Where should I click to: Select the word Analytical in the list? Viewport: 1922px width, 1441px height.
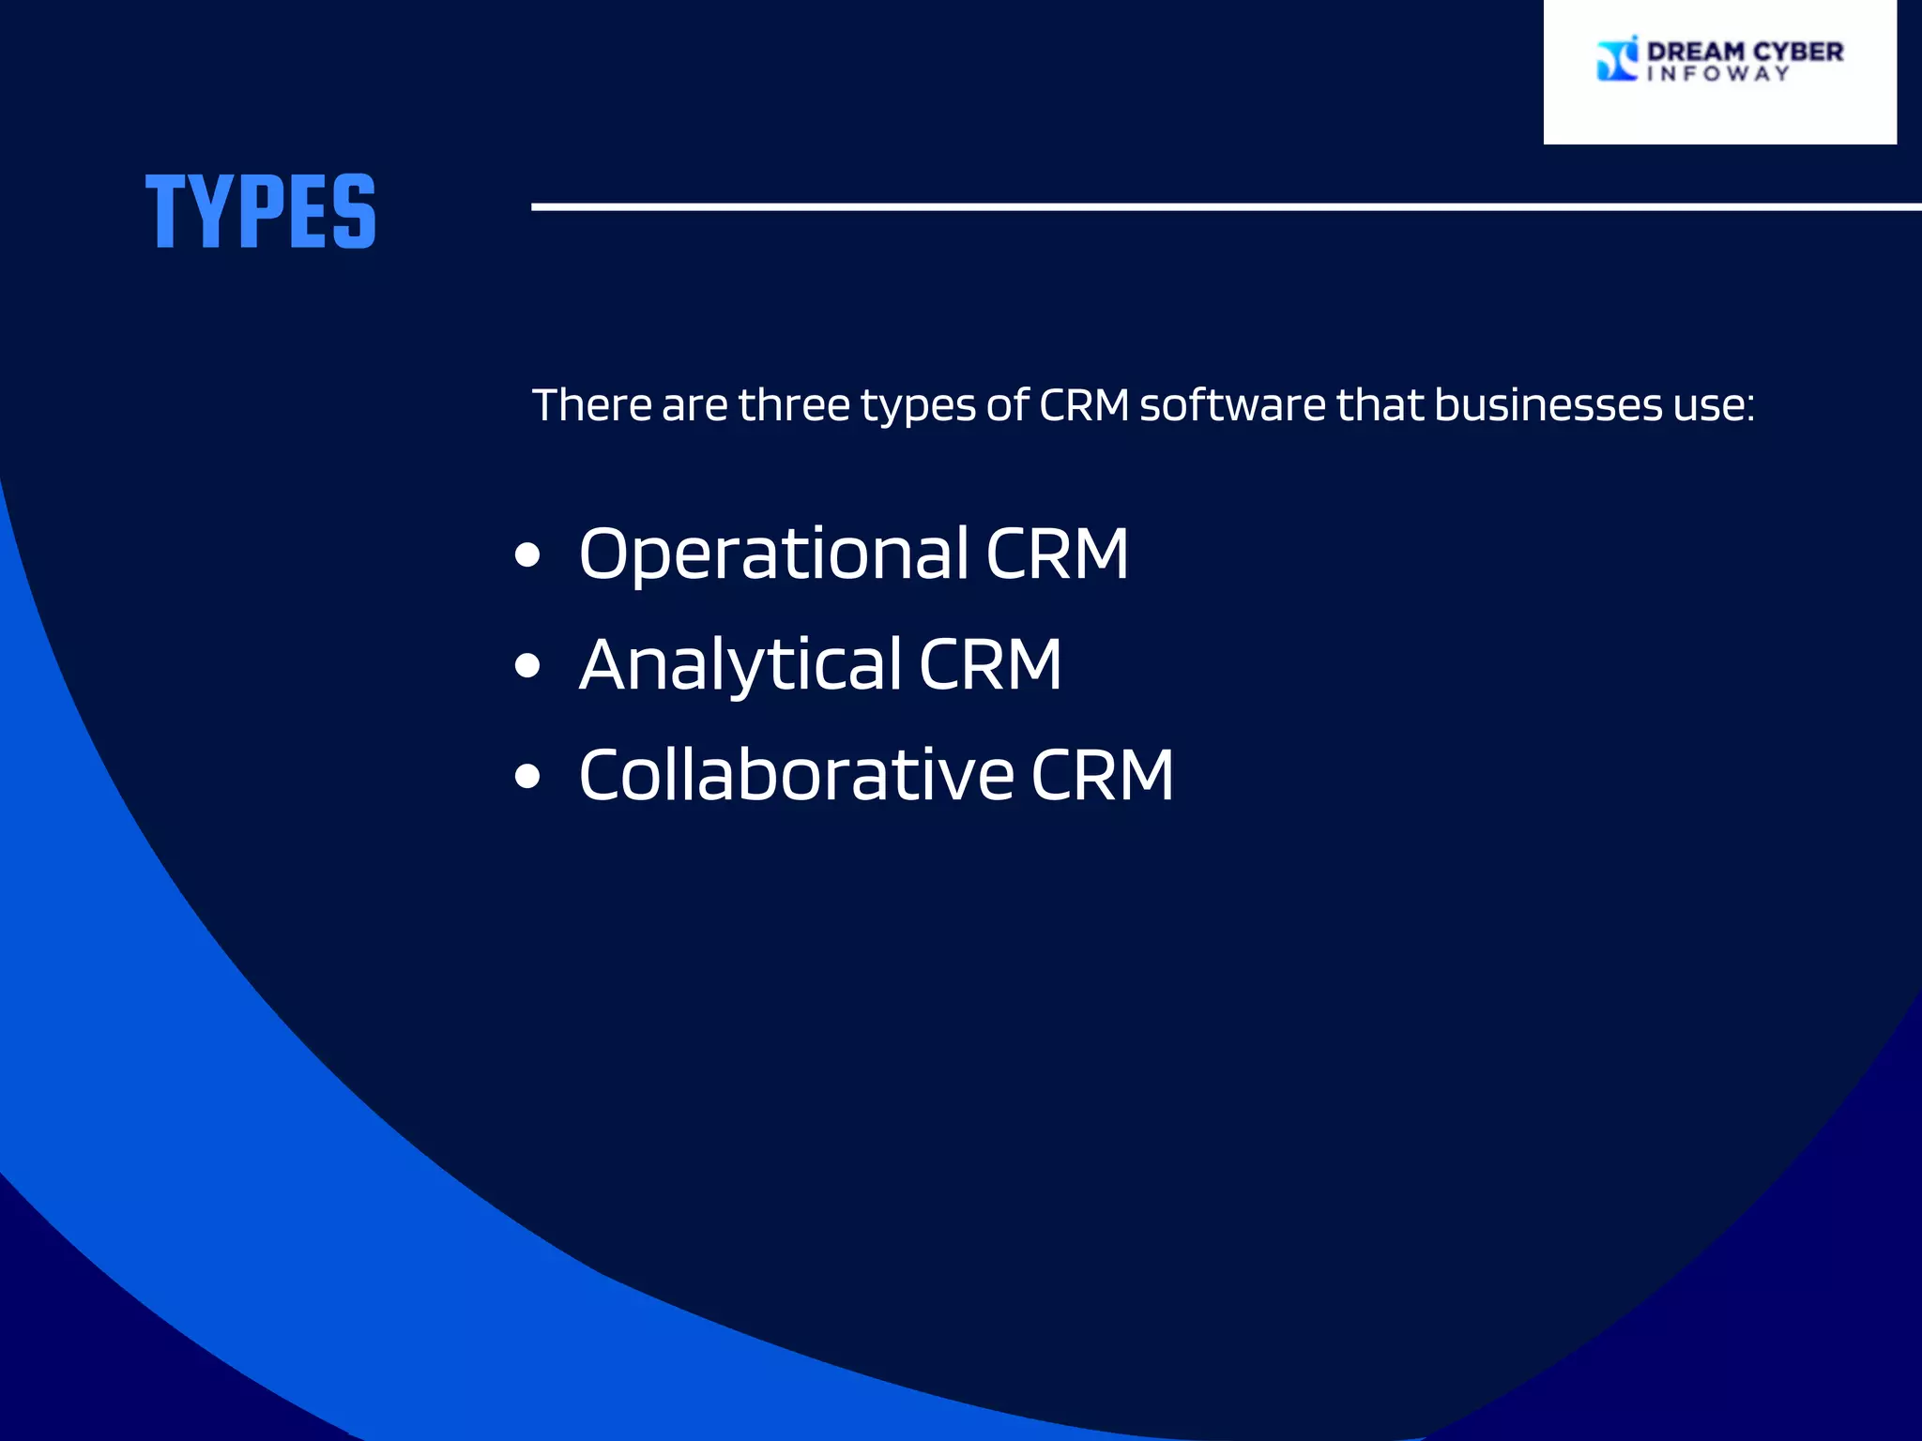pyautogui.click(x=740, y=665)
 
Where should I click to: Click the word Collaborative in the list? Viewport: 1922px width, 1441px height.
pyautogui.click(x=797, y=776)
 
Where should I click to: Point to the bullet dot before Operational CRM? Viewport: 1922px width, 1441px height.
pyautogui.click(x=528, y=555)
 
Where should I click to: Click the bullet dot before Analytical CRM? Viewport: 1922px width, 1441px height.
pyautogui.click(x=528, y=666)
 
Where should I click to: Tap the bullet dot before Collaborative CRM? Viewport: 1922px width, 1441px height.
pyautogui.click(x=528, y=777)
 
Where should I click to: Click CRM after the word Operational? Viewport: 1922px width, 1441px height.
pyautogui.click(x=1057, y=554)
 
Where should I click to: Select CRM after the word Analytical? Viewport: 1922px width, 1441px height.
pyautogui.click(x=990, y=665)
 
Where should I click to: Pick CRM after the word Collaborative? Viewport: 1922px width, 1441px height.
pyautogui.click(x=1103, y=776)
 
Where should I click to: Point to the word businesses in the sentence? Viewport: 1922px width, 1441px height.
pyautogui.click(x=1548, y=405)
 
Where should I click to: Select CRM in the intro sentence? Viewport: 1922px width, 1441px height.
pyautogui.click(x=1084, y=405)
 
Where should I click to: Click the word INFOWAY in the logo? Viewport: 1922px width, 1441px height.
pyautogui.click(x=1718, y=74)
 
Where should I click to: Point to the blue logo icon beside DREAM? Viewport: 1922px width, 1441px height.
pyautogui.click(x=1617, y=59)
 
